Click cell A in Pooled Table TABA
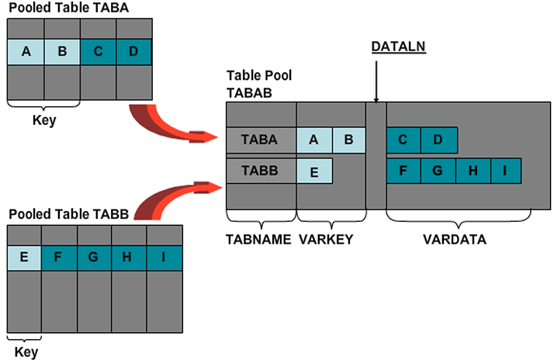click(x=26, y=52)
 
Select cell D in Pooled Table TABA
click(x=133, y=52)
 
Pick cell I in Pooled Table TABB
click(x=164, y=257)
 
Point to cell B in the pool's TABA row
click(x=348, y=140)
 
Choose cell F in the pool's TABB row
click(x=403, y=171)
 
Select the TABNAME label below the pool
click(x=259, y=240)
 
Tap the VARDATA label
click(x=455, y=240)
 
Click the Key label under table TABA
click(x=43, y=121)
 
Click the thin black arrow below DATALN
click(x=376, y=81)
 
